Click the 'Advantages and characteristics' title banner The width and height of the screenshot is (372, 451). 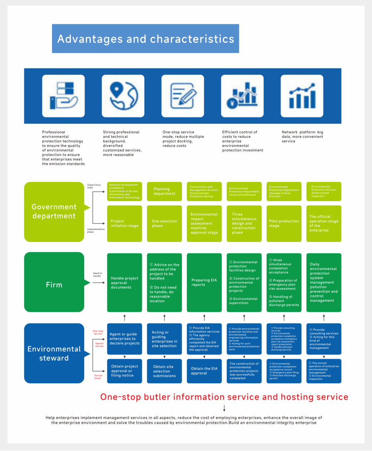[146, 38]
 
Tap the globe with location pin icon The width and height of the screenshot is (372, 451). [123, 96]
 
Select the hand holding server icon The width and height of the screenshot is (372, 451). [63, 96]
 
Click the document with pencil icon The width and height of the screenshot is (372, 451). [183, 96]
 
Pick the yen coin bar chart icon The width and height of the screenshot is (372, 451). [242, 96]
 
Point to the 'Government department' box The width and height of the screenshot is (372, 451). [54, 211]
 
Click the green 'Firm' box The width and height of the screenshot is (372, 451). [54, 285]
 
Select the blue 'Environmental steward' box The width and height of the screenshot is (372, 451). [54, 353]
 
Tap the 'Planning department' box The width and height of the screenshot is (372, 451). [164, 191]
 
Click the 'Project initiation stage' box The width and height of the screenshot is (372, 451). [125, 223]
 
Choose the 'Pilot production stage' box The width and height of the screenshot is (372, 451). [284, 223]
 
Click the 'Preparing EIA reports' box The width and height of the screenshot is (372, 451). [204, 282]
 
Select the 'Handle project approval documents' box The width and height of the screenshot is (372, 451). [125, 282]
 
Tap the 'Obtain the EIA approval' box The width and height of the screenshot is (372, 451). [204, 371]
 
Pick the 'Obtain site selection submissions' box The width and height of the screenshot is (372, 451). [164, 371]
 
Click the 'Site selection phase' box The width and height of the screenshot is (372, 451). [164, 223]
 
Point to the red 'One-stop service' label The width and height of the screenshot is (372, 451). [98, 332]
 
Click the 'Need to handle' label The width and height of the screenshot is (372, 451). [98, 274]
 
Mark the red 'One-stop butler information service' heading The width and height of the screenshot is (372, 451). [224, 397]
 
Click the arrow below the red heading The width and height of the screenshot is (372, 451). [224, 408]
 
